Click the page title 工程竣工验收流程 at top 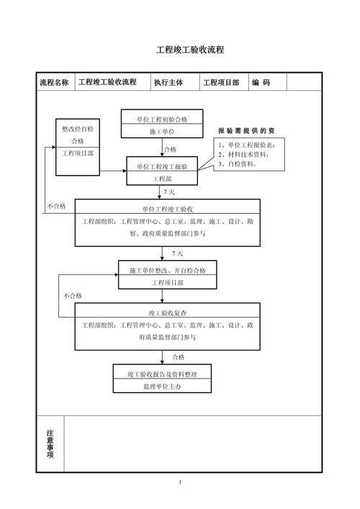pyautogui.click(x=190, y=50)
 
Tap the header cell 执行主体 pyautogui.click(x=168, y=83)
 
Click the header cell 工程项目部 pyautogui.click(x=221, y=83)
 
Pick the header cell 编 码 pyautogui.click(x=261, y=83)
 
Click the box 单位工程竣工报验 pyautogui.click(x=161, y=166)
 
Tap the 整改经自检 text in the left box pyautogui.click(x=82, y=128)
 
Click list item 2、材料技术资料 pyautogui.click(x=243, y=154)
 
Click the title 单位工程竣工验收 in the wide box pyautogui.click(x=167, y=209)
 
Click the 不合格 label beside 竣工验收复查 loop pyautogui.click(x=73, y=295)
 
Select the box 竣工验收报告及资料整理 pyautogui.click(x=163, y=374)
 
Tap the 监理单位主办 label pyautogui.click(x=163, y=387)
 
